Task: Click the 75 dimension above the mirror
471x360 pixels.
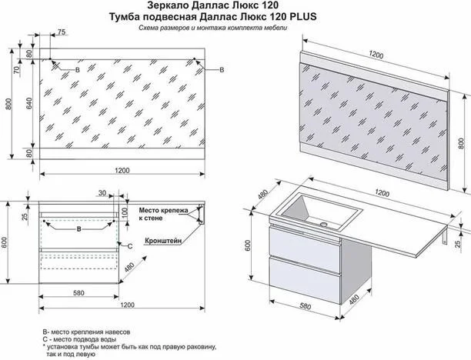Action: pyautogui.click(x=62, y=32)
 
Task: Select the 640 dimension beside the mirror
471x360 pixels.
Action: pyautogui.click(x=29, y=103)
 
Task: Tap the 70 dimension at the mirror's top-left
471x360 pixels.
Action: pyautogui.click(x=18, y=70)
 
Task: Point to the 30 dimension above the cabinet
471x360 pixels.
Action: pyautogui.click(x=102, y=193)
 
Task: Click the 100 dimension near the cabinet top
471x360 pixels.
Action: pyautogui.click(x=125, y=212)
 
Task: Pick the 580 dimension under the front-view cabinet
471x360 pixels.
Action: pyautogui.click(x=78, y=293)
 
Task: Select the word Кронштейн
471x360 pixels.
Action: pyautogui.click(x=163, y=241)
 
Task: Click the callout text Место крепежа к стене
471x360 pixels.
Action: pyautogui.click(x=163, y=214)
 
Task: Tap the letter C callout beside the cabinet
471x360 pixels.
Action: pyautogui.click(x=130, y=246)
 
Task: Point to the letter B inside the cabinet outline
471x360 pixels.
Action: pyautogui.click(x=79, y=229)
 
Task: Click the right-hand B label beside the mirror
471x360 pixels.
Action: pyautogui.click(x=222, y=70)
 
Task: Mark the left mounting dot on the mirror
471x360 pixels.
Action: pyautogui.click(x=50, y=59)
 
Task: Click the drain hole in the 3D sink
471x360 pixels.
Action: pyautogui.click(x=323, y=224)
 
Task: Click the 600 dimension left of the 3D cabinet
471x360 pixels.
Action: pyautogui.click(x=248, y=246)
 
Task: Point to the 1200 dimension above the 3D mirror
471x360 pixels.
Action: pyautogui.click(x=376, y=55)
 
